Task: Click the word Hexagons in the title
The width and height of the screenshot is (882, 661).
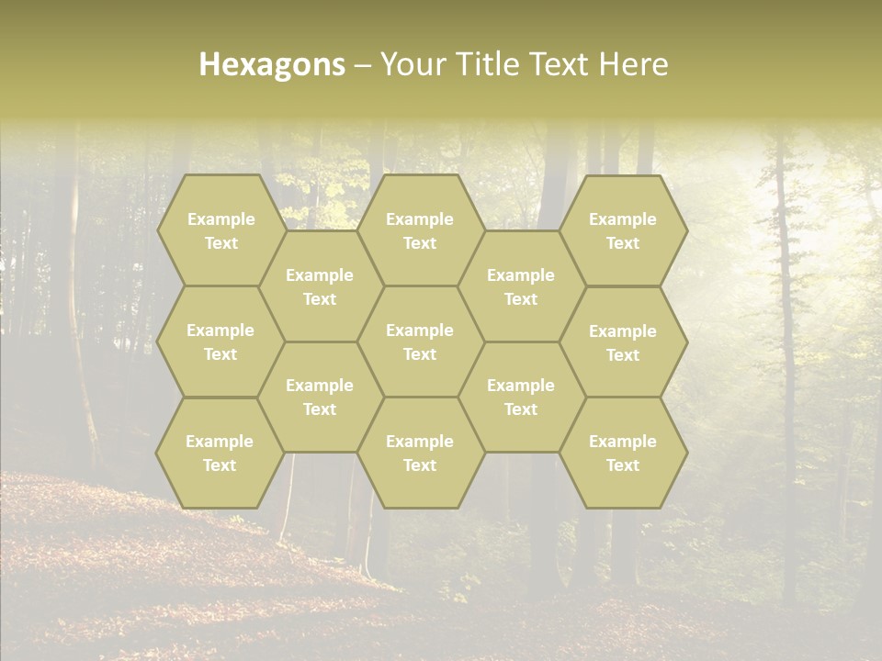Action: coord(272,64)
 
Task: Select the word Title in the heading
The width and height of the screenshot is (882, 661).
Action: coord(486,64)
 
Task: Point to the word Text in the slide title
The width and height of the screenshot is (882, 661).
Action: coord(560,64)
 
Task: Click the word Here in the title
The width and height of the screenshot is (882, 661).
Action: coord(634,64)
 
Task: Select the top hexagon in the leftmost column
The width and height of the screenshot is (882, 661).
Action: coord(220,230)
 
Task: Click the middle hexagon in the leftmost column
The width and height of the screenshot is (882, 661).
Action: coord(220,342)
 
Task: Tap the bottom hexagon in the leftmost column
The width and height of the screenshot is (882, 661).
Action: coord(220,453)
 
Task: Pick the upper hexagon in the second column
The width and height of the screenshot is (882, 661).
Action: coord(320,286)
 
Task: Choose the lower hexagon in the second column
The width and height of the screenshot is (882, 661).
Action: coord(320,397)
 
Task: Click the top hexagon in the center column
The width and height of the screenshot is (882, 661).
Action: coord(420,230)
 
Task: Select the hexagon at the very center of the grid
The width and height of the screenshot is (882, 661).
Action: coord(420,342)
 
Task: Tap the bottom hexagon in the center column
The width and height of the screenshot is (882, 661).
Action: coord(420,453)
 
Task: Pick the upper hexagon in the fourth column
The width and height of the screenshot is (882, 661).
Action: coord(521,286)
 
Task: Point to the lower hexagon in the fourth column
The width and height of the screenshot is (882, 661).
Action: coord(521,397)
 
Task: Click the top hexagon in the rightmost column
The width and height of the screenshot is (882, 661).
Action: coord(623,230)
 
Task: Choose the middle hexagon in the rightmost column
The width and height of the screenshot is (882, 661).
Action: coord(623,342)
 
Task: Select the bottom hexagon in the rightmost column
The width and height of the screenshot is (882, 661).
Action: coord(623,453)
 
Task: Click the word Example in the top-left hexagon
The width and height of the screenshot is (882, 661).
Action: coord(220,219)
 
